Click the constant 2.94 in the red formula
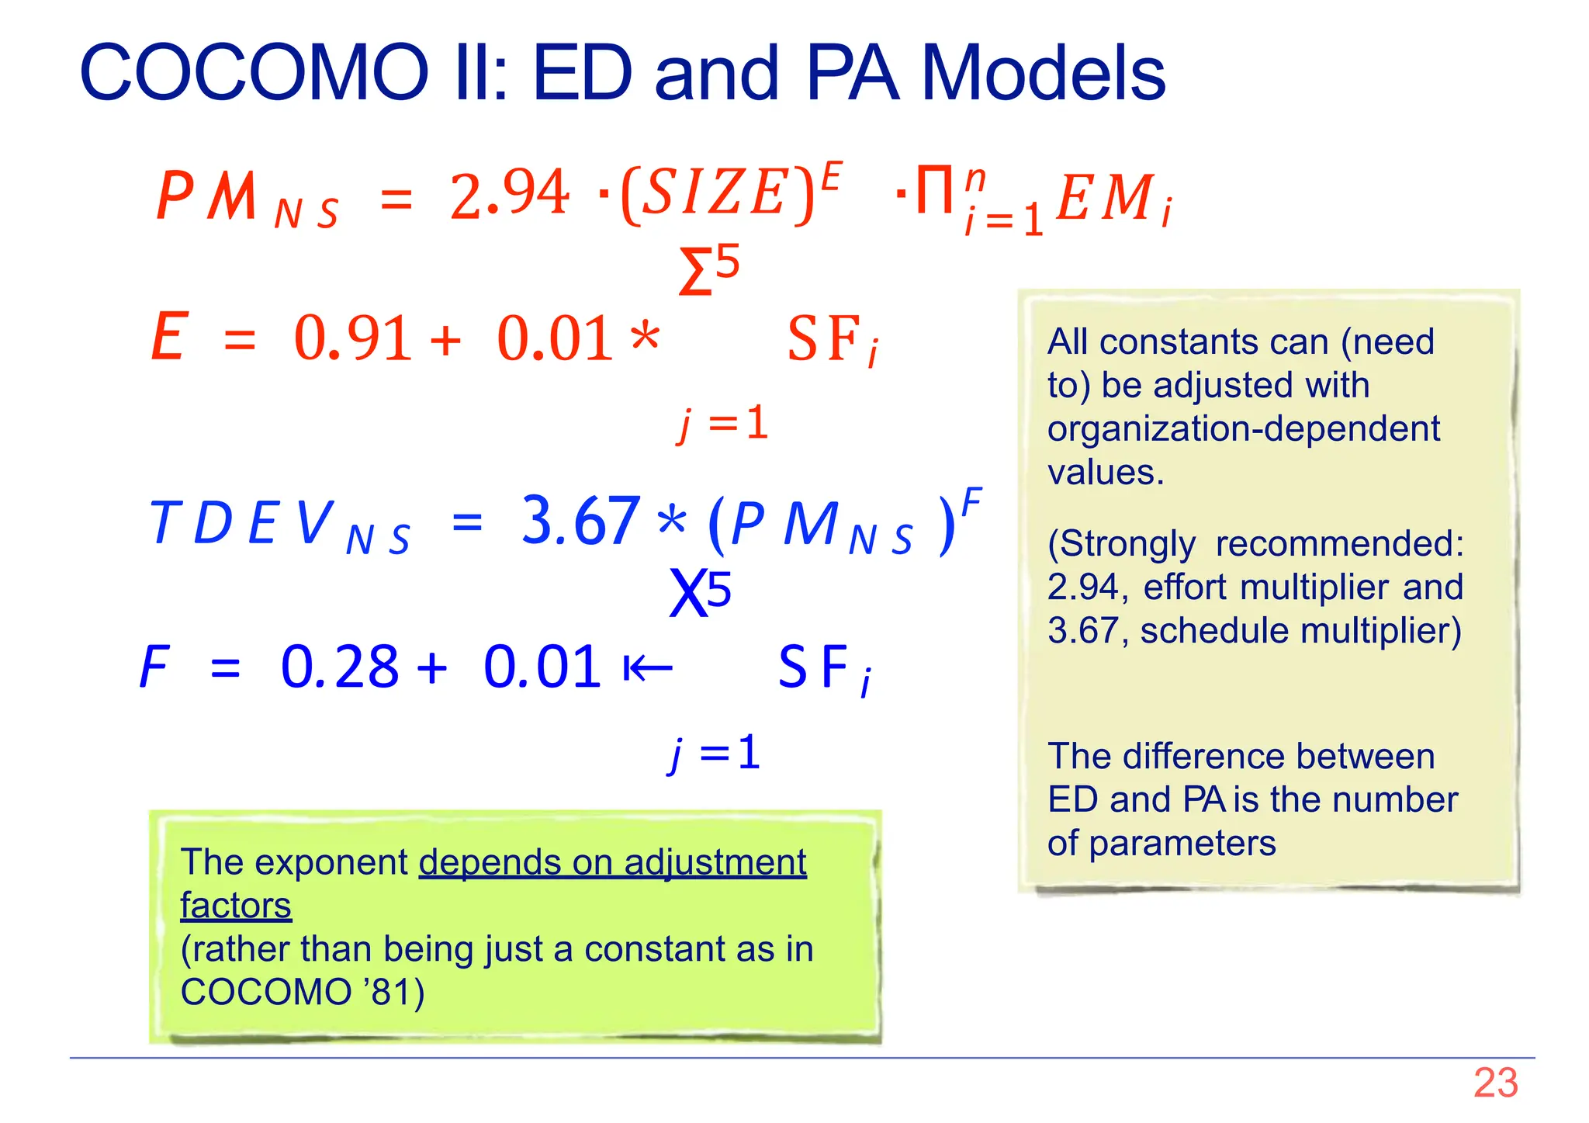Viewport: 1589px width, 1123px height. pos(510,194)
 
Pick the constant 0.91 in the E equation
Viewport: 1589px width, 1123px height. pos(352,338)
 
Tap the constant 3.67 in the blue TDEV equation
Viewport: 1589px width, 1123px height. pos(580,521)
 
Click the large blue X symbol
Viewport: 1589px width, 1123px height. pos(687,594)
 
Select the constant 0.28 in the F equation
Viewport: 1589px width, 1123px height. pos(339,667)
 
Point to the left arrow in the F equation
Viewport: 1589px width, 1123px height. pos(648,667)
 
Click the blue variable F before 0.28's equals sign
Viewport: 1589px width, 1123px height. pos(154,667)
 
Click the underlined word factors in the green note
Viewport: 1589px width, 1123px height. pos(236,906)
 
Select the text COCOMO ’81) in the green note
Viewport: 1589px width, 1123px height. pos(303,992)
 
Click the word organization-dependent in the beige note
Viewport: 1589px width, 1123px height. pos(1243,428)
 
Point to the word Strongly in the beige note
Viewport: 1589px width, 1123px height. pos(1128,543)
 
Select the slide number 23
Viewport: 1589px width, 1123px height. pos(1495,1083)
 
